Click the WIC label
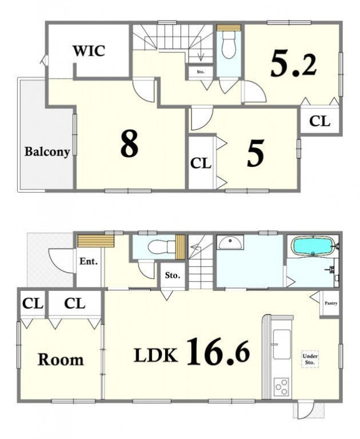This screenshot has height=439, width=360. [89, 51]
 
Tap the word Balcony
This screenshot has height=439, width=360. [47, 151]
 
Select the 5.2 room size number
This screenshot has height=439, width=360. [294, 65]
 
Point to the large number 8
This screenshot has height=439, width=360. [129, 147]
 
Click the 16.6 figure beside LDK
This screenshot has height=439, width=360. [218, 352]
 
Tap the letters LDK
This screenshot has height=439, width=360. [155, 355]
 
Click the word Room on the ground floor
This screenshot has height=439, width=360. [61, 360]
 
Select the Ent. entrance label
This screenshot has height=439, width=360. [88, 262]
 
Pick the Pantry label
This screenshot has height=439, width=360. [331, 303]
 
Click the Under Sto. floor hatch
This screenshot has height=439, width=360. [310, 359]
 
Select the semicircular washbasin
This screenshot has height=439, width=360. [230, 243]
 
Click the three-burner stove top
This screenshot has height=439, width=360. [281, 387]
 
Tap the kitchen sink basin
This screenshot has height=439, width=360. [281, 344]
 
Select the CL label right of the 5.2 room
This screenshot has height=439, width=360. [319, 121]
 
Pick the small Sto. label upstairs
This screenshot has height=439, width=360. [201, 72]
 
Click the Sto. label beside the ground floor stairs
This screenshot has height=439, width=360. [173, 275]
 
